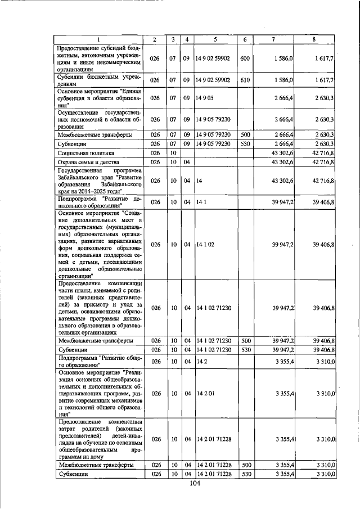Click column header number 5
click(215, 39)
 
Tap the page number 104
click(195, 484)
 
